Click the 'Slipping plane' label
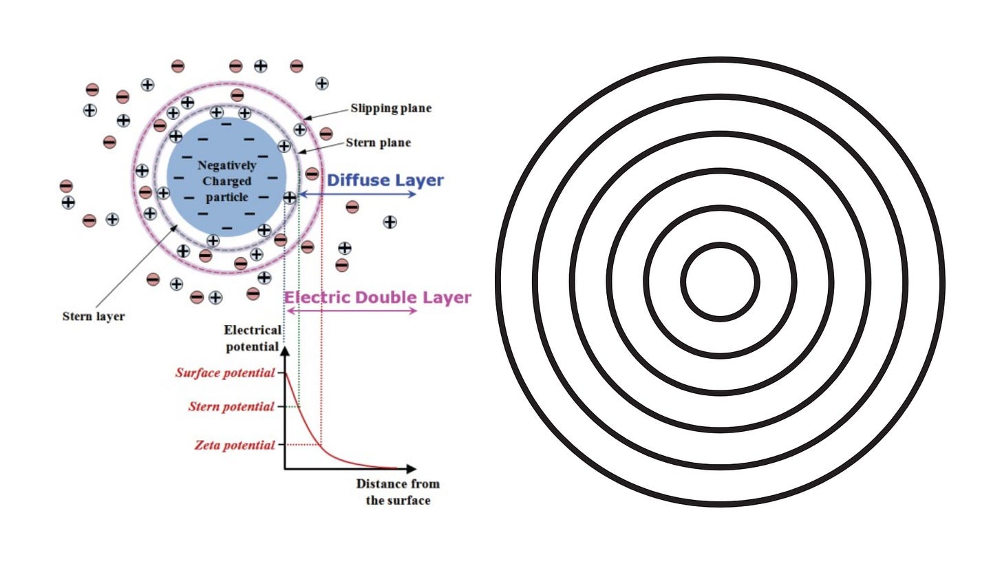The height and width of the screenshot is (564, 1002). (x=391, y=109)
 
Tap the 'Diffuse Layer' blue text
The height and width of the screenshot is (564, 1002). (x=385, y=180)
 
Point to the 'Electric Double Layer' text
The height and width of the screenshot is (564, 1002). (x=377, y=297)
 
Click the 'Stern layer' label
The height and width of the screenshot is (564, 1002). (x=94, y=317)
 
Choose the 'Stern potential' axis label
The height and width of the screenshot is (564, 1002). (x=231, y=407)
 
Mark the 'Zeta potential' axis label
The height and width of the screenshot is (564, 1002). (x=234, y=445)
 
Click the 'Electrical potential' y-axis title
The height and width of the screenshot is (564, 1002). (x=252, y=338)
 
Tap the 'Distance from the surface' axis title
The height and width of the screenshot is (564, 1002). (x=398, y=492)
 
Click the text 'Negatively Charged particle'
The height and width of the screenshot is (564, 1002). (x=226, y=181)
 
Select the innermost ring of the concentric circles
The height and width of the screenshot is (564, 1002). (x=720, y=244)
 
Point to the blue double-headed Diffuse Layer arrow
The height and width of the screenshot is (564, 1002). (x=358, y=195)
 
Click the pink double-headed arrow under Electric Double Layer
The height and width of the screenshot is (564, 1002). (x=351, y=311)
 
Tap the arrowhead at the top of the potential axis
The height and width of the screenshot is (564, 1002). (x=286, y=351)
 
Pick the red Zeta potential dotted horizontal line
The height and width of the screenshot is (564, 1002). (x=303, y=445)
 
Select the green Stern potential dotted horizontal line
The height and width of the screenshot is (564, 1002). (x=291, y=407)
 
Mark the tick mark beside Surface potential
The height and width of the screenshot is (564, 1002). (x=280, y=373)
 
